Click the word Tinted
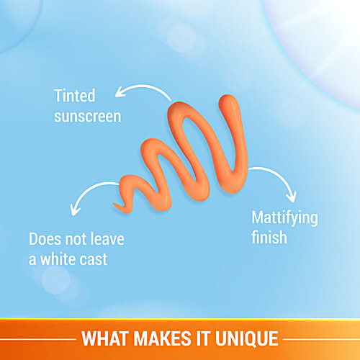(x=75, y=95)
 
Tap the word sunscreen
(x=88, y=117)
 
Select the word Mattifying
(x=284, y=218)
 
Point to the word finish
(x=269, y=238)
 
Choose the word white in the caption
(x=58, y=259)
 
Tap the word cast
(x=94, y=259)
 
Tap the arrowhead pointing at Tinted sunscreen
(x=120, y=92)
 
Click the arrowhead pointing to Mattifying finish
(x=292, y=197)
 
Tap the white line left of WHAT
(x=38, y=339)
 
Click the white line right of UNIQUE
(x=322, y=339)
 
